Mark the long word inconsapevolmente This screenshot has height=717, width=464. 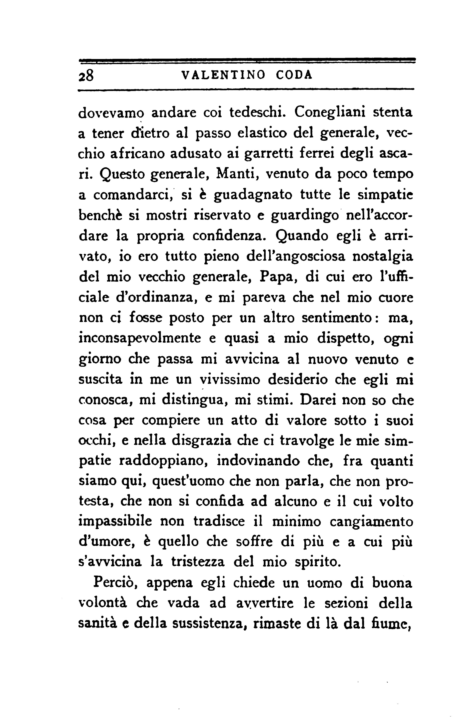pyautogui.click(x=140, y=339)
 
